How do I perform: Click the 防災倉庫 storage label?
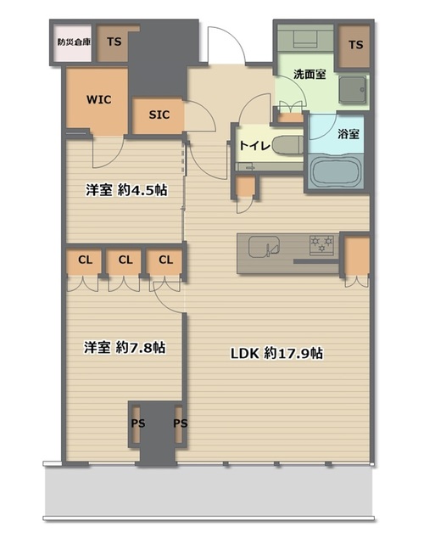74,42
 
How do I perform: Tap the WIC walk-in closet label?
99,100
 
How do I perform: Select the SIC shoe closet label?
159,115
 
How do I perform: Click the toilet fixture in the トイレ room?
288,145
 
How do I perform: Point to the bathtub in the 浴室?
335,172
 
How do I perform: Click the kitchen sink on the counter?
264,247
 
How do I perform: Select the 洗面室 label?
310,74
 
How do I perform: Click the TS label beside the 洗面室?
356,45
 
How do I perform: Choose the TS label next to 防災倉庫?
114,42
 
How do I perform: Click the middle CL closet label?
125,260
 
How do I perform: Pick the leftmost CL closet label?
85,260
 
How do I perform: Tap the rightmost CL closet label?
165,260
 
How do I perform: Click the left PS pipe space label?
138,423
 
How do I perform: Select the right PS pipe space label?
181,423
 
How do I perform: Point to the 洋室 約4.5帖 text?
126,190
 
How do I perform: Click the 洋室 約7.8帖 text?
125,347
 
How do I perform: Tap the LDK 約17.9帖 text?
276,354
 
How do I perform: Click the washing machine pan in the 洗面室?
352,89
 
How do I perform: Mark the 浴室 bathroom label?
349,134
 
